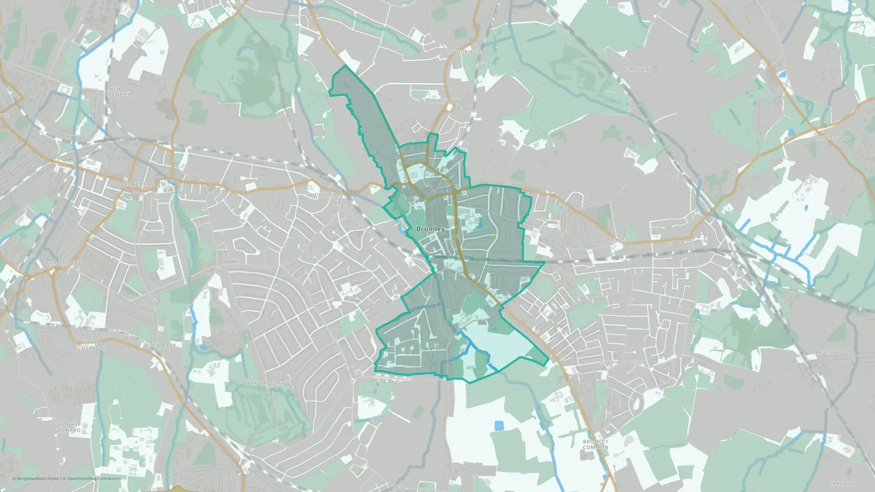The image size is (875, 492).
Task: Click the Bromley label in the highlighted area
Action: [430, 229]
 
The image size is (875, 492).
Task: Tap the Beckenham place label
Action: [138, 185]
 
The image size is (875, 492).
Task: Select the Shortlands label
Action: [325, 195]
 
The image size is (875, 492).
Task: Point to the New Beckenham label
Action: [115, 91]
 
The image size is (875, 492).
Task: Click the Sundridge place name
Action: [465, 52]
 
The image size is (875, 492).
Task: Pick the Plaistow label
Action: [445, 101]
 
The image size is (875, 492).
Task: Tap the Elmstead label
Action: [638, 70]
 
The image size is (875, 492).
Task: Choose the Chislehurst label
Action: [832, 138]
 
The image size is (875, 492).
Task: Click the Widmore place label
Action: [553, 232]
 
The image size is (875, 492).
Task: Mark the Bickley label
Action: [617, 240]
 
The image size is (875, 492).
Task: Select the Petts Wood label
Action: [833, 352]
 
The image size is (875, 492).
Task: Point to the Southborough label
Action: [623, 363]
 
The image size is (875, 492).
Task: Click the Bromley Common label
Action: [595, 444]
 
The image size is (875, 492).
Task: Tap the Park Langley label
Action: [264, 384]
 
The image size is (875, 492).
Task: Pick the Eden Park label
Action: [161, 345]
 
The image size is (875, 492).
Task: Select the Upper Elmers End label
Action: [92, 345]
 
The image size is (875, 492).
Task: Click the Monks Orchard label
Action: [67, 427]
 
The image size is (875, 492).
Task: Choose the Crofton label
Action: [841, 484]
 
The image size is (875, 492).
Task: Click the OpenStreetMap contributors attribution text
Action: [94, 478]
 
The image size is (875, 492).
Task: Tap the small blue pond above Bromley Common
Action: [499, 425]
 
